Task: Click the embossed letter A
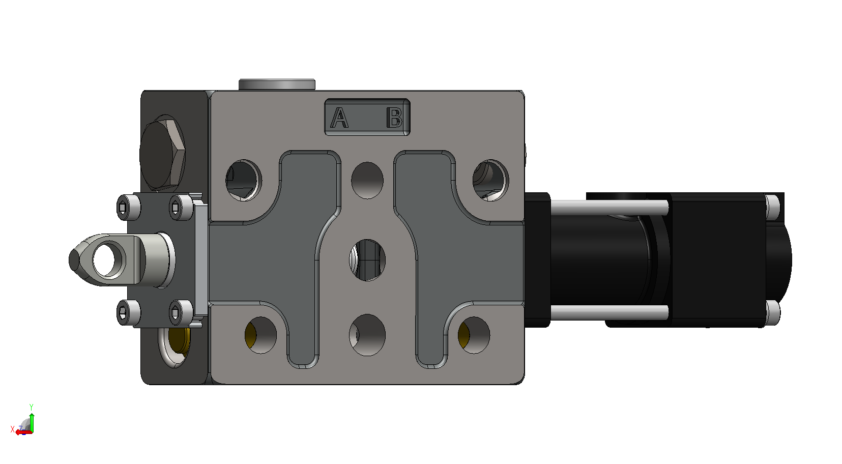pos(339,118)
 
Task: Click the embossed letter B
pos(395,118)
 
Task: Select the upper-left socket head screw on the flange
pos(128,207)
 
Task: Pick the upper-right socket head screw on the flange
pos(181,207)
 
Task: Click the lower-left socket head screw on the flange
pos(128,312)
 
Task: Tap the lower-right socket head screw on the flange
pos(181,312)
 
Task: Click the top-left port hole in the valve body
pos(244,180)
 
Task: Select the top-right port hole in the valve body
pos(490,180)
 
